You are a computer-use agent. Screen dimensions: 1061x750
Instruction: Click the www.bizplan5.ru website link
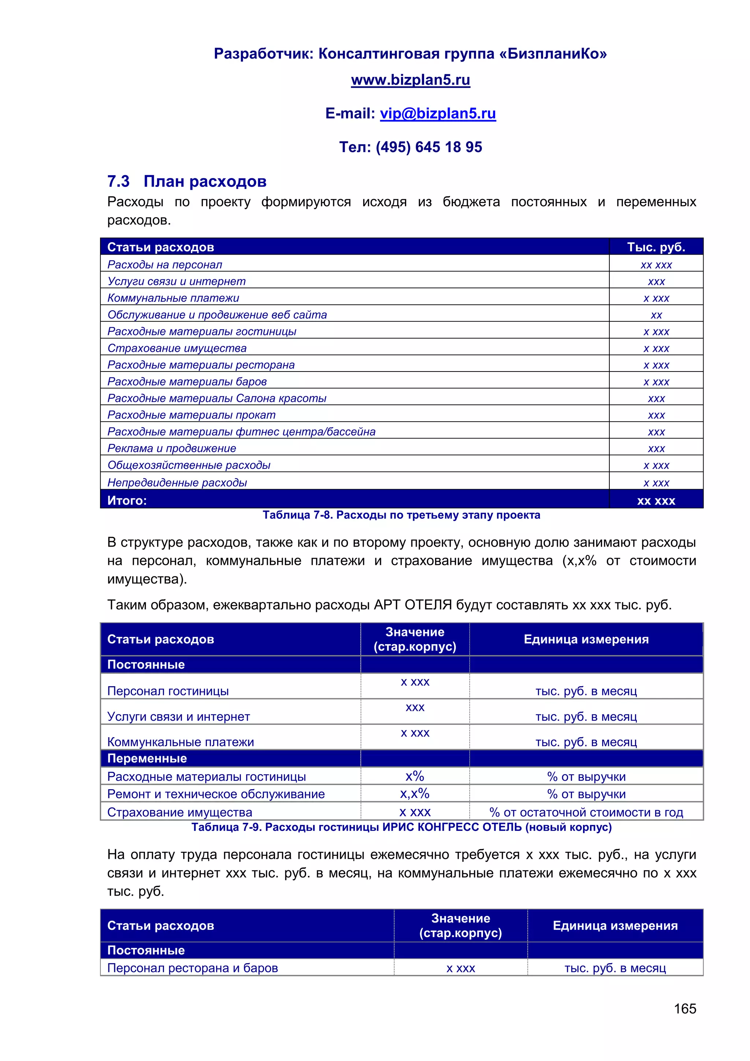(x=410, y=80)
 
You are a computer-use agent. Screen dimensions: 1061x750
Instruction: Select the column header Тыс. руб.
(x=656, y=247)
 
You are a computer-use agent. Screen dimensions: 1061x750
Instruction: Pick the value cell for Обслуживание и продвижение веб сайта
(x=656, y=315)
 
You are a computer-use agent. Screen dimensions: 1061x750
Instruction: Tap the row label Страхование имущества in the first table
(x=177, y=348)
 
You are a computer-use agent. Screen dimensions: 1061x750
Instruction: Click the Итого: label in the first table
(x=127, y=500)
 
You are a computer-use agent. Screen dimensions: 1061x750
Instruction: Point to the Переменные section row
(x=147, y=758)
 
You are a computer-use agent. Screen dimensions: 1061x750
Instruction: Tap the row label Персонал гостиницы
(x=168, y=691)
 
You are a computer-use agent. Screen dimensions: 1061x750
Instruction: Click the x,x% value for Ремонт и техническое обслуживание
(x=414, y=794)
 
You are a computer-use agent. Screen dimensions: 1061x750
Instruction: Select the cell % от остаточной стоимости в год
(x=586, y=812)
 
